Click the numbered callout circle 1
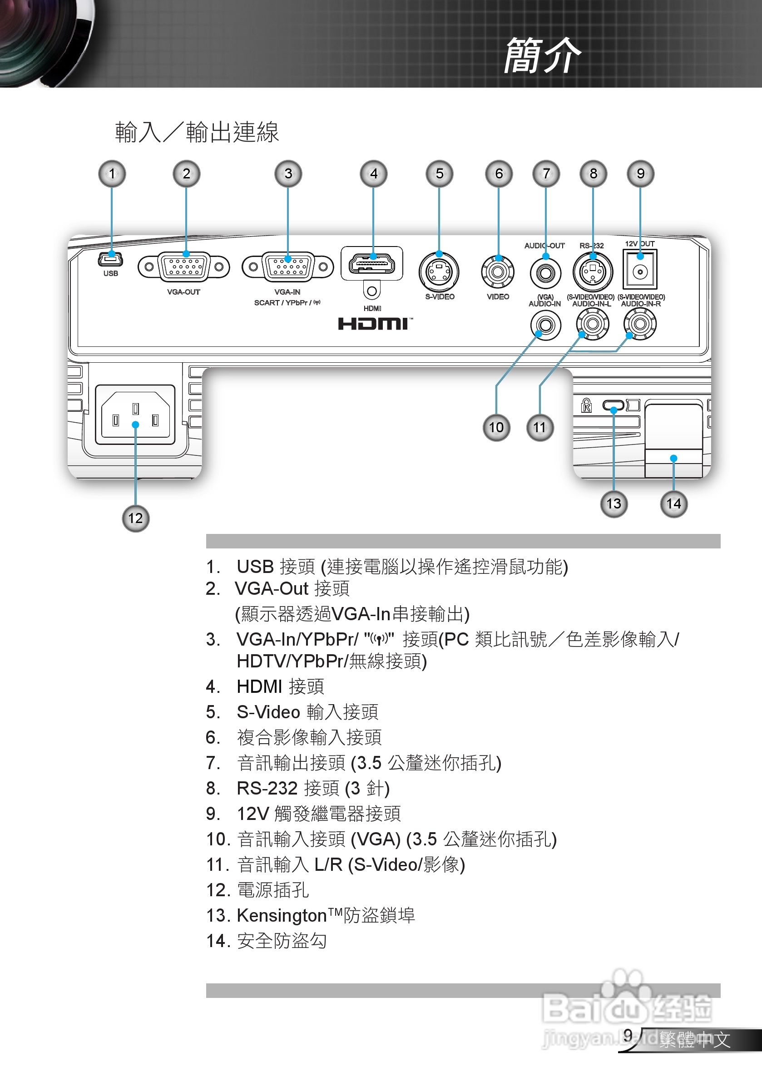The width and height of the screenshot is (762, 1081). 112,174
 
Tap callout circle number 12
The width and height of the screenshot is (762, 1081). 136,518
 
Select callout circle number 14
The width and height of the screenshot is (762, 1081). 673,504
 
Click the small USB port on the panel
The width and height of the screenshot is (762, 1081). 111,259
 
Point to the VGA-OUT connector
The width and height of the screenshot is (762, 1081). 183,267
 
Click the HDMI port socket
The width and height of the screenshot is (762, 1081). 371,264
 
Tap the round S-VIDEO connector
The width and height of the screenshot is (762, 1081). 439,272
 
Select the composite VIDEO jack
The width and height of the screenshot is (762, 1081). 498,271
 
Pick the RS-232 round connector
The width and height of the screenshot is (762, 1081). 593,271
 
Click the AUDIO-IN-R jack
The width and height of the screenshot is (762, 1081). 639,324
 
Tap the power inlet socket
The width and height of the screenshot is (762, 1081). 136,415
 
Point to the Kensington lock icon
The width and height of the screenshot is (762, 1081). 586,405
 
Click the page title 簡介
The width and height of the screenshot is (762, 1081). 542,55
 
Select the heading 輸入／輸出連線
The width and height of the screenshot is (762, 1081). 197,132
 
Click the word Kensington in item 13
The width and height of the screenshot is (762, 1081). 282,916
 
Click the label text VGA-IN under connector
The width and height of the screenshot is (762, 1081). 287,292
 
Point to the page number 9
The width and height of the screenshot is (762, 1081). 628,1035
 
